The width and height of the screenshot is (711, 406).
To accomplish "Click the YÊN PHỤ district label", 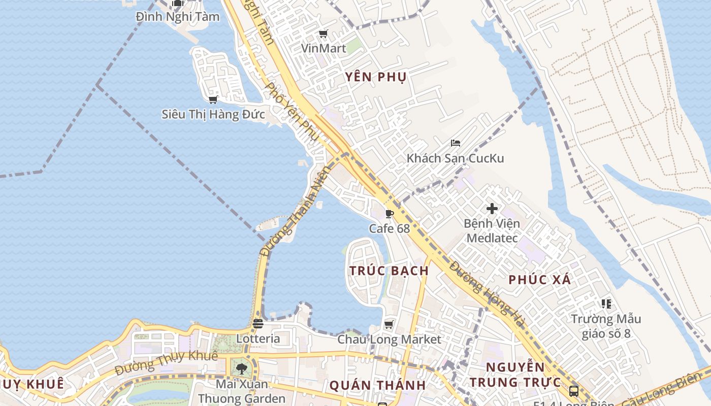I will coord(376,77).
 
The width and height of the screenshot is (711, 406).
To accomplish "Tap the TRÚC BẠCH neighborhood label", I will coord(389,270).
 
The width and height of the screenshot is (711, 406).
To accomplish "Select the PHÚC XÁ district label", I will coord(539,280).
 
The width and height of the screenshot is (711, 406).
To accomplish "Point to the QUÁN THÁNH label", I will coord(377,385).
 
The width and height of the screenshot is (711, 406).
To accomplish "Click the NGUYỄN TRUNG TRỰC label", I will coord(515,375).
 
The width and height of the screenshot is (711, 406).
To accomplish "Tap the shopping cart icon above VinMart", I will coord(323,34).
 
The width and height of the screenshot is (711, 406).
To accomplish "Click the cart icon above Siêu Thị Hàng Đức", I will coord(213,99).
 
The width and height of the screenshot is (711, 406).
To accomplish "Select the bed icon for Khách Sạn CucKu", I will coord(455,143).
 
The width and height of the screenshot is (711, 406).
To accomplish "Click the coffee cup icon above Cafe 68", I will coord(389,214).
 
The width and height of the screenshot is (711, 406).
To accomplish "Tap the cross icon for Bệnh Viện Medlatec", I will coord(492,208).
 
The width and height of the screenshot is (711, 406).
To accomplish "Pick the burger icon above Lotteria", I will coord(258,323).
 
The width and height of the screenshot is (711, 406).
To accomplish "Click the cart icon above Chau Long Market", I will coord(389,324).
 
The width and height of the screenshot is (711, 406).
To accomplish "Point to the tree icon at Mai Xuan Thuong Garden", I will coord(241,368).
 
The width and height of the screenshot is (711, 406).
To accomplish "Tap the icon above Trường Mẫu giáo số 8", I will coord(606,304).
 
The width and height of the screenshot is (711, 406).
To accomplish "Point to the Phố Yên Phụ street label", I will coord(292,112).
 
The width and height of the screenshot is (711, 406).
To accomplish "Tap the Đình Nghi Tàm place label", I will coord(178,17).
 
